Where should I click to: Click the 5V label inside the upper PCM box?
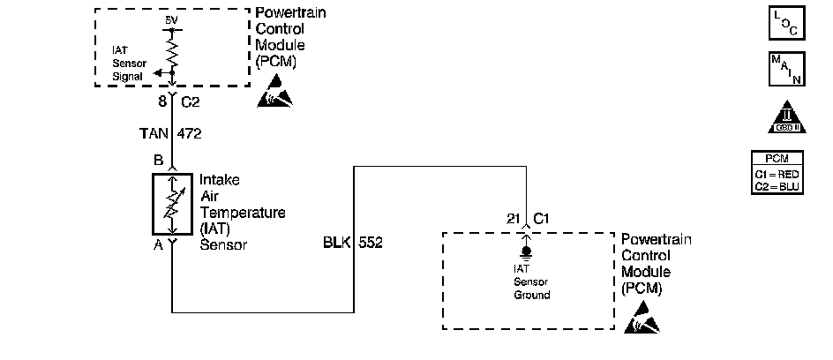(x=170, y=19)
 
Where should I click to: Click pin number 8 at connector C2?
(x=162, y=102)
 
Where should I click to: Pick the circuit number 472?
(x=190, y=135)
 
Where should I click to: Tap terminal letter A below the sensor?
(x=159, y=246)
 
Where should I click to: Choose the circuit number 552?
(x=371, y=240)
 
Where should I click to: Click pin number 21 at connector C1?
(x=513, y=218)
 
